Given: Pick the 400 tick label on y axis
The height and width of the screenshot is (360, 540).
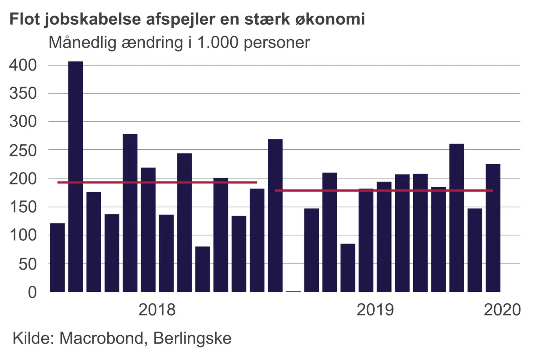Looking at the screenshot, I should click(x=23, y=65).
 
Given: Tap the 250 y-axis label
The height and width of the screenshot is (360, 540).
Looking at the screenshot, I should click(x=23, y=150).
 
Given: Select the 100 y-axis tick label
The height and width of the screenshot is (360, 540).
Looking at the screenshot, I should click(x=23, y=235).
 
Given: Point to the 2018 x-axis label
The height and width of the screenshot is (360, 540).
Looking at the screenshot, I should click(x=157, y=310).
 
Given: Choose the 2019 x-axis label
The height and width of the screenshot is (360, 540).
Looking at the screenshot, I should click(x=375, y=310).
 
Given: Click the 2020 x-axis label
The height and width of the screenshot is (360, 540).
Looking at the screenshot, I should click(x=502, y=310).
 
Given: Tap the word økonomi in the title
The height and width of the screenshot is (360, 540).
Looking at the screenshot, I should click(x=330, y=19).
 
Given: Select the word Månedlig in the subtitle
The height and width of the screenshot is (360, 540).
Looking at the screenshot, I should click(x=82, y=43).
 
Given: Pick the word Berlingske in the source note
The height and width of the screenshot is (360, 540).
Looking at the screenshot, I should click(x=192, y=338).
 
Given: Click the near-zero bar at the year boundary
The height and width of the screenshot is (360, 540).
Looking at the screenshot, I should click(x=293, y=291).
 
